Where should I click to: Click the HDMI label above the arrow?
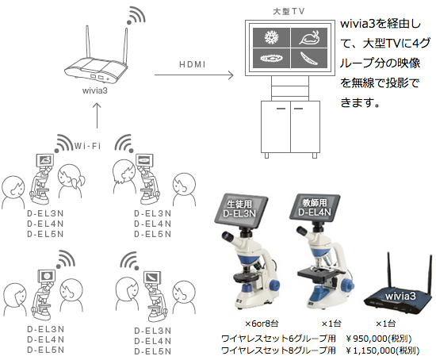(x=193, y=64)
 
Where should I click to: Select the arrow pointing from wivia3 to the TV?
(x=193, y=75)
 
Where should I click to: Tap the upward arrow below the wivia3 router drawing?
(x=97, y=116)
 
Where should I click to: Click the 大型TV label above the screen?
(x=289, y=11)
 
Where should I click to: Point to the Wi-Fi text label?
(x=87, y=146)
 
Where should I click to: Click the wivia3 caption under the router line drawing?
(x=95, y=90)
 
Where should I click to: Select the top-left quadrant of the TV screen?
(x=271, y=37)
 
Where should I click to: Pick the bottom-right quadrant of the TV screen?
(x=309, y=58)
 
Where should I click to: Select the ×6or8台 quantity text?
(x=262, y=324)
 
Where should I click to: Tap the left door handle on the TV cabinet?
(x=281, y=108)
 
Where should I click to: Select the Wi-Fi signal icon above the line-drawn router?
(x=136, y=15)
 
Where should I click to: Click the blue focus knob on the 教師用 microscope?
(x=347, y=285)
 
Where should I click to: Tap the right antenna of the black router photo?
(x=430, y=275)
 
